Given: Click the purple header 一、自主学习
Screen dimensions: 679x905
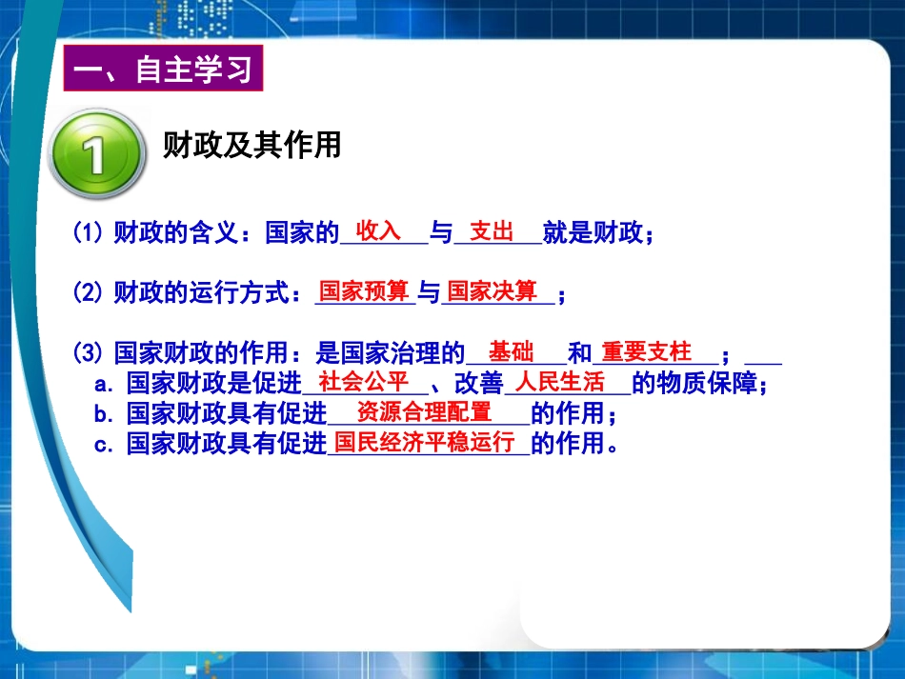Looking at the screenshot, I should [162, 70].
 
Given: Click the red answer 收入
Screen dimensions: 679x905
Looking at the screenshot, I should [378, 230].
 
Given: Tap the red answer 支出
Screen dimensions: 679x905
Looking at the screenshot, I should [493, 231].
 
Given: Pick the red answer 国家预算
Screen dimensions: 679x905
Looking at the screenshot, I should [363, 290].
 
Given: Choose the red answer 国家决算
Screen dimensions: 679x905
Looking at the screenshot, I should [493, 290].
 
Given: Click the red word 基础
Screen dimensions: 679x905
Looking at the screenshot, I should [511, 351].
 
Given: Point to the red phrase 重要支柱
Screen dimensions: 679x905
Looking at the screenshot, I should [647, 351].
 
